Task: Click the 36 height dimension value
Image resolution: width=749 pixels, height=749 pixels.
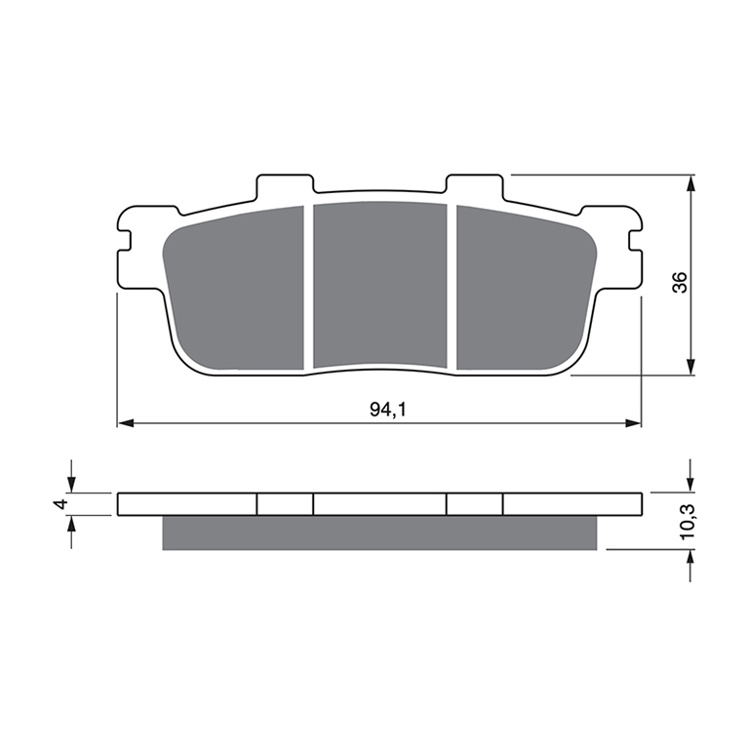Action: (x=679, y=282)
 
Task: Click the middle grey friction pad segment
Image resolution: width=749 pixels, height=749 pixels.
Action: (x=380, y=285)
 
